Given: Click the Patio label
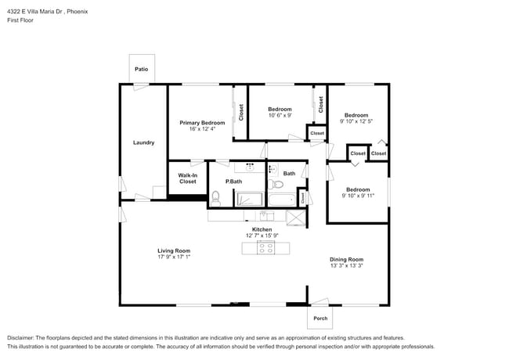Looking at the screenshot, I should [x=141, y=69].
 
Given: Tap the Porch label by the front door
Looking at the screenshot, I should [x=320, y=318].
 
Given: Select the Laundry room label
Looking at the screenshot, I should [x=143, y=142].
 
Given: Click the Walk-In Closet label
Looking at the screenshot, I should [x=187, y=178].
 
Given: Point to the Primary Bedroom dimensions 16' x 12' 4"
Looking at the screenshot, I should [x=202, y=129].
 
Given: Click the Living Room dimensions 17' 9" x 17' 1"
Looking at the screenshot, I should [x=174, y=257].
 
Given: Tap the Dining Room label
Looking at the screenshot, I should [x=346, y=259].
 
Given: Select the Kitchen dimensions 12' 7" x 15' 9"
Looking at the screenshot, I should [x=262, y=236].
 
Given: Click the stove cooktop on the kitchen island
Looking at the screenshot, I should [x=265, y=248].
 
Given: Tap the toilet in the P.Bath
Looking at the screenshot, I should [x=216, y=199].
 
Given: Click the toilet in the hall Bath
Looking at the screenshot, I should [x=274, y=185].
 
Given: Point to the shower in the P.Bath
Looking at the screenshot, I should [x=251, y=199].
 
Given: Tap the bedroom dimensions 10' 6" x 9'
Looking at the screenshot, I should [x=280, y=116].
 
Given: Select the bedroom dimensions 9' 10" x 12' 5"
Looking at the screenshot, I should [x=356, y=121].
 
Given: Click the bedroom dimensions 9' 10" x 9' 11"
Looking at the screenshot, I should [x=358, y=196].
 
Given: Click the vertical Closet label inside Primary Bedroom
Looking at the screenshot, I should [x=241, y=112].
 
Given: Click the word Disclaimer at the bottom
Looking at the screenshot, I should [x=23, y=337].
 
